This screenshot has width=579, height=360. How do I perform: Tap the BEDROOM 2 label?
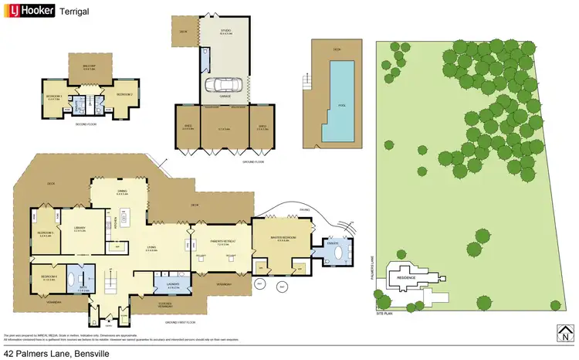pyautogui.click(x=125, y=95)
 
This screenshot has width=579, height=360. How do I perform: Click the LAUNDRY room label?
pyautogui.click(x=172, y=284)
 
